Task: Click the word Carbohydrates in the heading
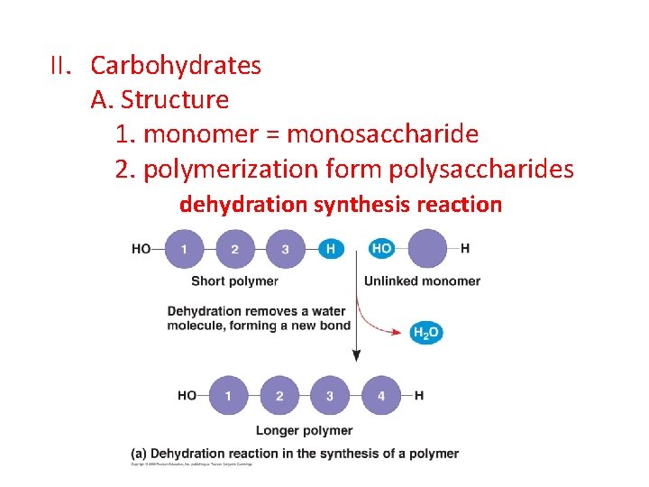click(176, 66)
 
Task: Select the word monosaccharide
click(382, 134)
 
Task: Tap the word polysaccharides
click(483, 169)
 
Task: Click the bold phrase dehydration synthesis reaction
click(340, 205)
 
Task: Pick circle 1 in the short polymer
click(184, 249)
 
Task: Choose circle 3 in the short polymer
click(285, 249)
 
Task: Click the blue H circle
click(331, 249)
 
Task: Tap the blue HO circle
click(381, 248)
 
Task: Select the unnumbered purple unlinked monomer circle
click(427, 248)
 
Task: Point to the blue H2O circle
click(425, 332)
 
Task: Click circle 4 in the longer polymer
click(380, 395)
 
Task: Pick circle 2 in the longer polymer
click(279, 395)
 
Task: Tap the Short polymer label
click(234, 281)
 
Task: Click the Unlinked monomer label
click(422, 281)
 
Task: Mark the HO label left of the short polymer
click(142, 249)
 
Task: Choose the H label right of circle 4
click(420, 395)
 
